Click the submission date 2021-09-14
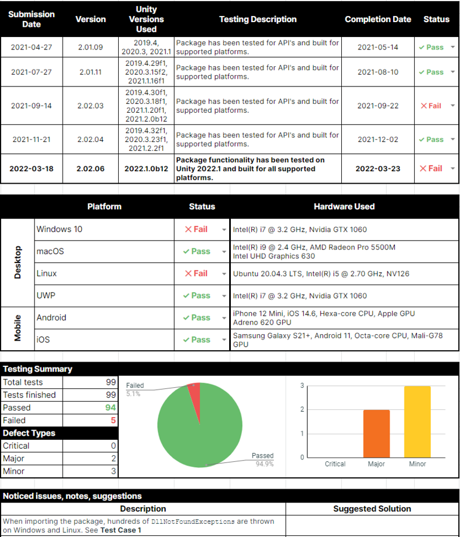pos(31,106)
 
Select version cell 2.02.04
pos(90,140)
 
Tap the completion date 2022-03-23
pos(378,169)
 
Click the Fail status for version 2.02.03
pos(431,106)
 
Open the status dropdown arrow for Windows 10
pos(224,230)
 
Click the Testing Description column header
pos(258,19)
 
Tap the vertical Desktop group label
pos(17,263)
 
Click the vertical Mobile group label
pos(17,328)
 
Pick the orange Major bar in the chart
pos(376,433)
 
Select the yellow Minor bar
pos(417,421)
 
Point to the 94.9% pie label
pos(264,464)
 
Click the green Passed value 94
pos(110,408)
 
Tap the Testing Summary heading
pos(38,369)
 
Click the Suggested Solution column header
pos(372,509)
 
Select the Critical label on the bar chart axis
pos(335,464)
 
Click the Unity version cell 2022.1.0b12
pos(146,169)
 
